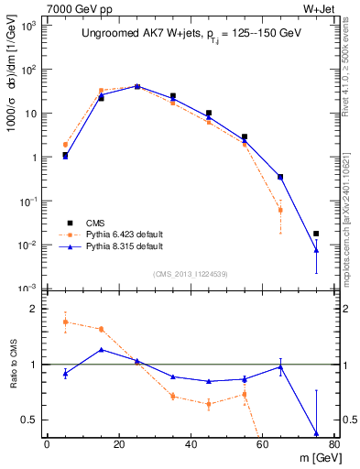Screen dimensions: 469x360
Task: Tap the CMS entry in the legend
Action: [x=94, y=223]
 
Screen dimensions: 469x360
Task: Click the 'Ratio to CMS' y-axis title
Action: [x=13, y=365]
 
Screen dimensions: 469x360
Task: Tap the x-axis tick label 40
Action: [x=191, y=444]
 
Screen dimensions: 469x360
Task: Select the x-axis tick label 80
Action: [x=334, y=444]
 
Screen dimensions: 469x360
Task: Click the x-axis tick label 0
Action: [x=47, y=444]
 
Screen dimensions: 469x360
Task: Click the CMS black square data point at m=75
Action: [x=316, y=234]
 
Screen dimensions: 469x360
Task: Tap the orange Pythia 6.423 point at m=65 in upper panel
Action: [x=280, y=211]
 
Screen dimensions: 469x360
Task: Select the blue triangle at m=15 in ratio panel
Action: [x=101, y=349]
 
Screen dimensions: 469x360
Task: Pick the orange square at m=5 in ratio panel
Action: [x=65, y=322]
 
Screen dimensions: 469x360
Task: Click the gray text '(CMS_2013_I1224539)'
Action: [x=190, y=273]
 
